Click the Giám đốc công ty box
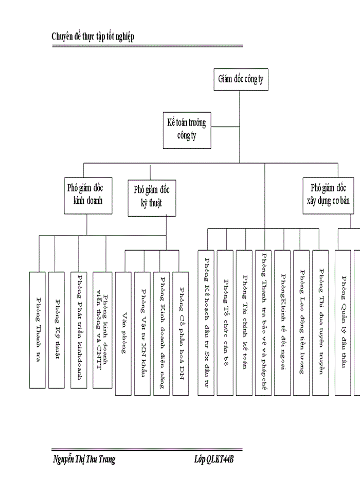click(240, 80)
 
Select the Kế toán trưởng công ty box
click(186, 130)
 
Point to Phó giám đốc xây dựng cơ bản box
click(330, 194)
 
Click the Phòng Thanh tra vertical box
click(38, 329)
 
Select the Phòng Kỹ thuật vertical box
click(57, 329)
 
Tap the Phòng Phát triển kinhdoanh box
click(80, 329)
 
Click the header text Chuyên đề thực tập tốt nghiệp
click(93, 37)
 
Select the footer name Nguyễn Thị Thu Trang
click(84, 460)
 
